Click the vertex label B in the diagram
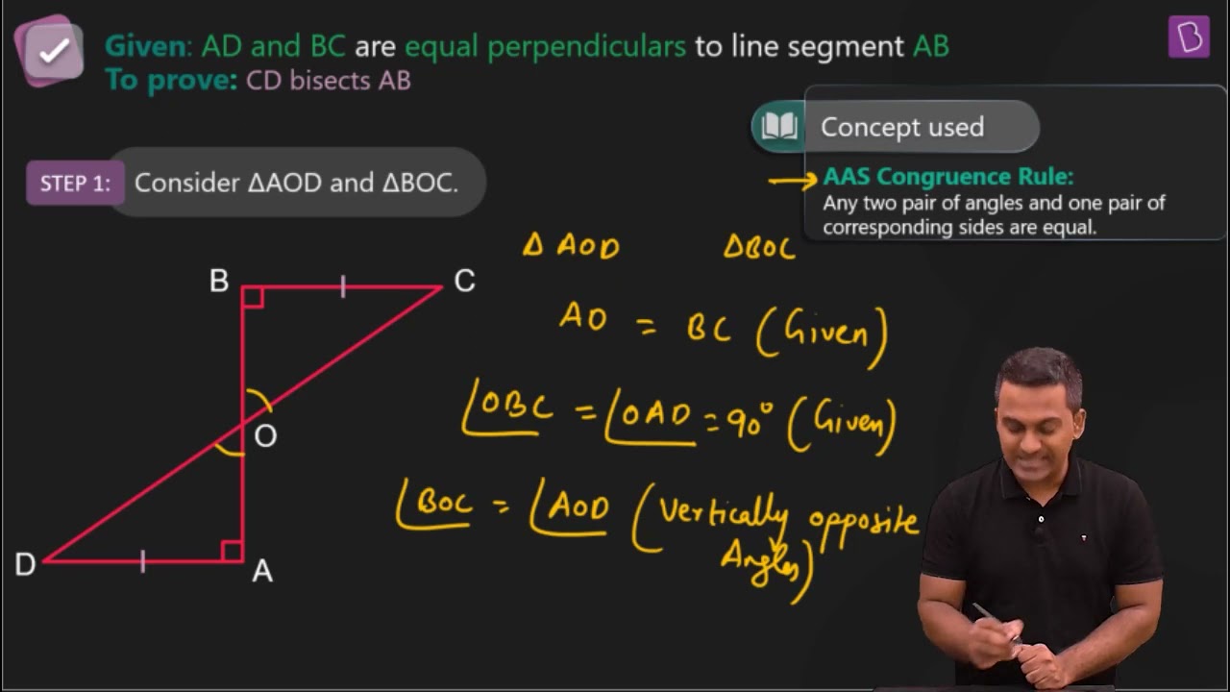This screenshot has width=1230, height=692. [219, 281]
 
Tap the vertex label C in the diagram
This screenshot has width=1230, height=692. [464, 281]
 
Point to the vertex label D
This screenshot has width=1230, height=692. [25, 564]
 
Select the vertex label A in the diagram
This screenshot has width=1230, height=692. [262, 571]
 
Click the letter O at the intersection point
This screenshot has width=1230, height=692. [266, 436]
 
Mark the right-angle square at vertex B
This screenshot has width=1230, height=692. [253, 297]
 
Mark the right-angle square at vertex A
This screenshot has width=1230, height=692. [232, 551]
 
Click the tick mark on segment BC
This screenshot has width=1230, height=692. [343, 286]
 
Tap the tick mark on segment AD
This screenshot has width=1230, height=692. [143, 561]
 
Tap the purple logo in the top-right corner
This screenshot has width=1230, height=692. [1189, 37]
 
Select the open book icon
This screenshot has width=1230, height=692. [779, 126]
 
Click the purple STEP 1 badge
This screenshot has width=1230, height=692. [75, 183]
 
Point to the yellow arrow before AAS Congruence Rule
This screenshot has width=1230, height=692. [793, 179]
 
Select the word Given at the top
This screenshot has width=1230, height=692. [145, 46]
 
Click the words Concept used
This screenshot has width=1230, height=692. [902, 127]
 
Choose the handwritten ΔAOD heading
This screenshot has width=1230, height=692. [571, 245]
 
